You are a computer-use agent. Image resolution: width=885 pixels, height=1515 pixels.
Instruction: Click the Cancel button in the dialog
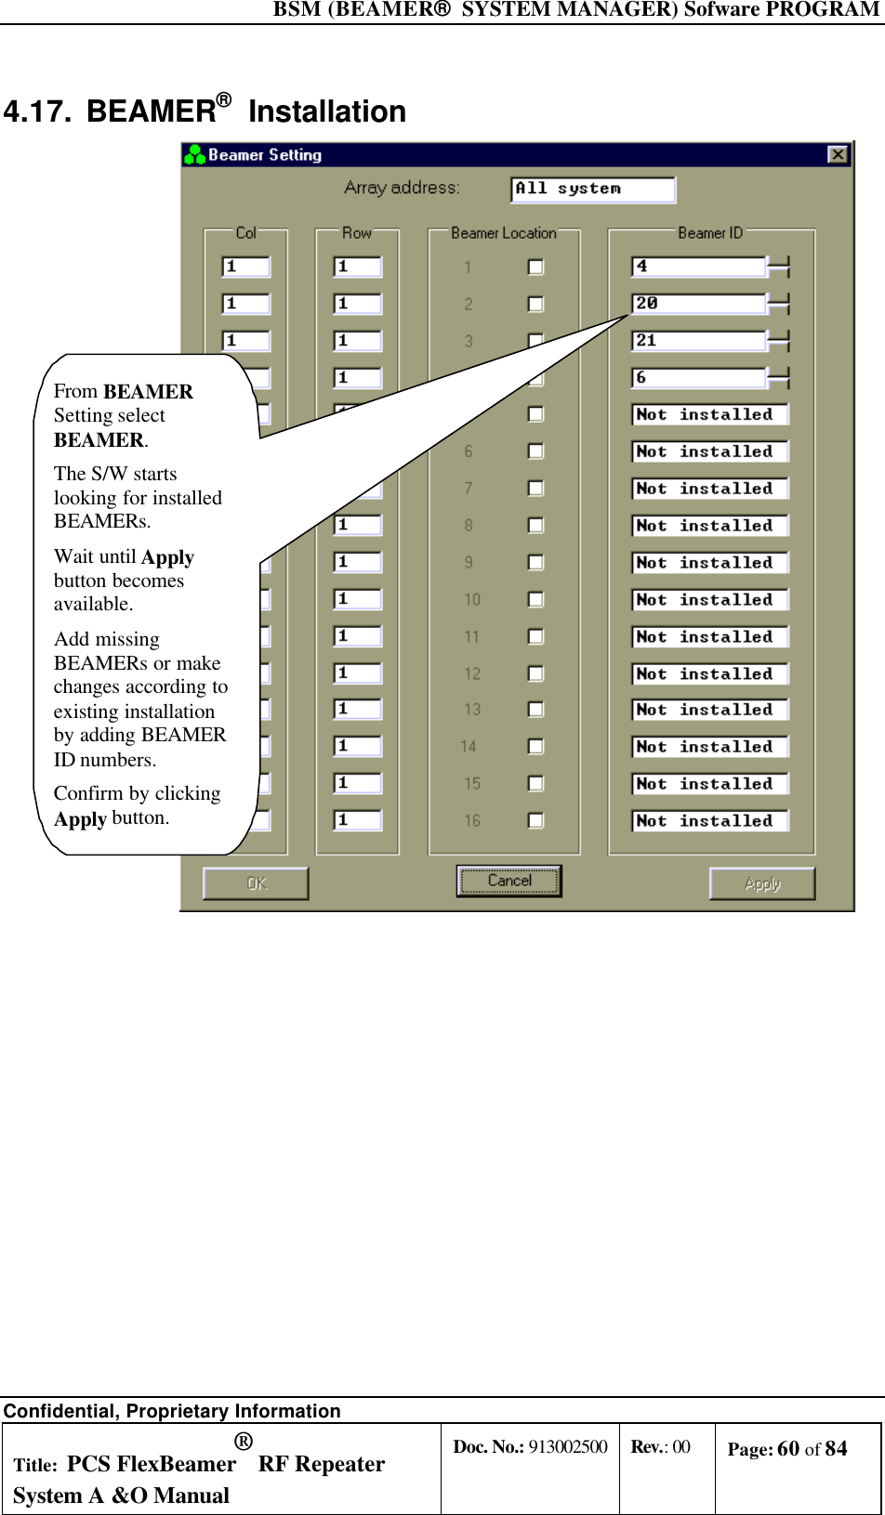(509, 881)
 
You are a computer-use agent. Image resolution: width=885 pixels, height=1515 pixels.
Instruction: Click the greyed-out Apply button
(761, 883)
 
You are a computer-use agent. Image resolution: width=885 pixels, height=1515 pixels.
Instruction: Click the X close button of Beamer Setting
(838, 154)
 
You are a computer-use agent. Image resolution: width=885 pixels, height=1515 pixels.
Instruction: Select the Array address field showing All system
(592, 189)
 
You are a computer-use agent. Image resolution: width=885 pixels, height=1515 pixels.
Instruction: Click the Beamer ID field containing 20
(698, 304)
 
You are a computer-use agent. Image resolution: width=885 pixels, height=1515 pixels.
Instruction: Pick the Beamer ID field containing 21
(698, 341)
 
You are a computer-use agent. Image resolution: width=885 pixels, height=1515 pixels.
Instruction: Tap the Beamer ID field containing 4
(698, 267)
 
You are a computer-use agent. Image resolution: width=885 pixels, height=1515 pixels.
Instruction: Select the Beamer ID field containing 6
(698, 378)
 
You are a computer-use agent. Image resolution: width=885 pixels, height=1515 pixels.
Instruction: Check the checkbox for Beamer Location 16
(535, 820)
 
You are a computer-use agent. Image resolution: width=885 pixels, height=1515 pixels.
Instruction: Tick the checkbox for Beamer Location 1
(535, 267)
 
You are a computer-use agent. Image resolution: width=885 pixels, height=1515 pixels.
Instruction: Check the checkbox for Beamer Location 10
(535, 599)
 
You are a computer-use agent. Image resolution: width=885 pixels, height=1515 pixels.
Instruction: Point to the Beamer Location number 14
(469, 747)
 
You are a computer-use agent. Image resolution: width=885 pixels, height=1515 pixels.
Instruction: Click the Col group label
(245, 233)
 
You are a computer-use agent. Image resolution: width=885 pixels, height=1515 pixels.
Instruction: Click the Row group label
(356, 233)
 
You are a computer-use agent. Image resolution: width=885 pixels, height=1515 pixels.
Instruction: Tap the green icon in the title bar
(194, 154)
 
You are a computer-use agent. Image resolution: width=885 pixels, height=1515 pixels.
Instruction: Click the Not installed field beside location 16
(709, 821)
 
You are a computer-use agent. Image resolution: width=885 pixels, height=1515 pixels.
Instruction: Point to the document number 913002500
(567, 1446)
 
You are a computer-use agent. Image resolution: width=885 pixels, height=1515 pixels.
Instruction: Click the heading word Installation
(326, 111)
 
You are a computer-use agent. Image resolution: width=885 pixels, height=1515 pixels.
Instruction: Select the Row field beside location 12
(358, 673)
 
